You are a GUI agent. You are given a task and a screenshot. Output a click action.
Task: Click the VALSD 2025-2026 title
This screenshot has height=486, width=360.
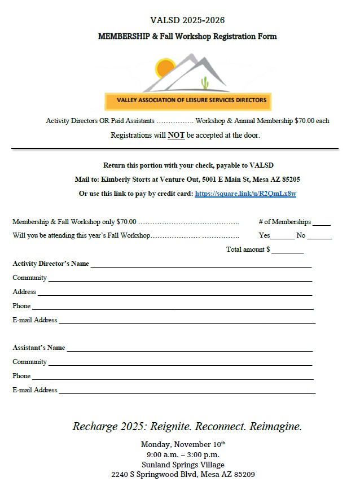pos(187,20)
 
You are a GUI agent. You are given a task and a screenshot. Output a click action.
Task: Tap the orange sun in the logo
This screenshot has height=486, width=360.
pos(165,67)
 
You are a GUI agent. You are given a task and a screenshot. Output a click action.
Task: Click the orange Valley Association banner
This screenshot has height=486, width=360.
pos(187,102)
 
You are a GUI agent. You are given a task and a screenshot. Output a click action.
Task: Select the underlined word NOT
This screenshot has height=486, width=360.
pos(176,135)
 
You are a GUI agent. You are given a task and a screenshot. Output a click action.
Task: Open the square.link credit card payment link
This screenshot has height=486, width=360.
pos(245,194)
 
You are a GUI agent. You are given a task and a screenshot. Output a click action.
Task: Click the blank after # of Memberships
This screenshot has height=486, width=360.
pos(322,224)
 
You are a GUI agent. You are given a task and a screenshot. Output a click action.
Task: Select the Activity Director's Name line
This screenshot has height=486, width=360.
pos(200,266)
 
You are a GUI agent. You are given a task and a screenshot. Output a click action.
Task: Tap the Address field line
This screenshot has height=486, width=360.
pos(174,294)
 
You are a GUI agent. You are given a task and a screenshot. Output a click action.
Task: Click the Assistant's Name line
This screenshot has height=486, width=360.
pos(189,350)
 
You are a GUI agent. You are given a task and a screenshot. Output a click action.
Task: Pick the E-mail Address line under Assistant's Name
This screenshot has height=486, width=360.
pos(186,392)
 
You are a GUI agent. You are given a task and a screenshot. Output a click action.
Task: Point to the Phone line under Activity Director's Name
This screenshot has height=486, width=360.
pos(172,308)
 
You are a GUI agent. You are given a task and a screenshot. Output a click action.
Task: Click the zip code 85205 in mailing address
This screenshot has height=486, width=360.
pos(288,179)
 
